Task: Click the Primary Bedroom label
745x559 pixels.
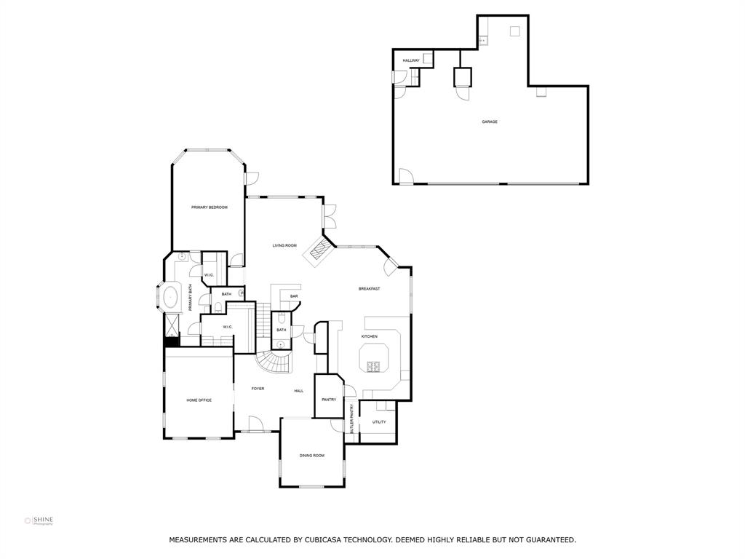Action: coord(209,207)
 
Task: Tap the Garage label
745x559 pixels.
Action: coord(490,122)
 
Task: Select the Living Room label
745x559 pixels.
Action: coord(284,246)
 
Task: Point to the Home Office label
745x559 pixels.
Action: coord(199,400)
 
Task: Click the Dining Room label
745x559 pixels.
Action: coord(311,456)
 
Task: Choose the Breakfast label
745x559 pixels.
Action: coord(369,289)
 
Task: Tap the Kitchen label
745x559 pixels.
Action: coord(370,336)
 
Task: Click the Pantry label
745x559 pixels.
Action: coord(328,399)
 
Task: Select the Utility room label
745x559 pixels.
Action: coord(379,422)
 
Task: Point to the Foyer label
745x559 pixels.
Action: coord(258,389)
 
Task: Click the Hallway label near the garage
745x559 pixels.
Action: coord(411,60)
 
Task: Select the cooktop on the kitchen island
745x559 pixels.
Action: coord(376,366)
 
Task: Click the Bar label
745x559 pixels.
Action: coord(294,296)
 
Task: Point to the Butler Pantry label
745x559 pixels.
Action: coord(351,420)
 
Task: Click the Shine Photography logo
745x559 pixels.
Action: coord(39,520)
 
